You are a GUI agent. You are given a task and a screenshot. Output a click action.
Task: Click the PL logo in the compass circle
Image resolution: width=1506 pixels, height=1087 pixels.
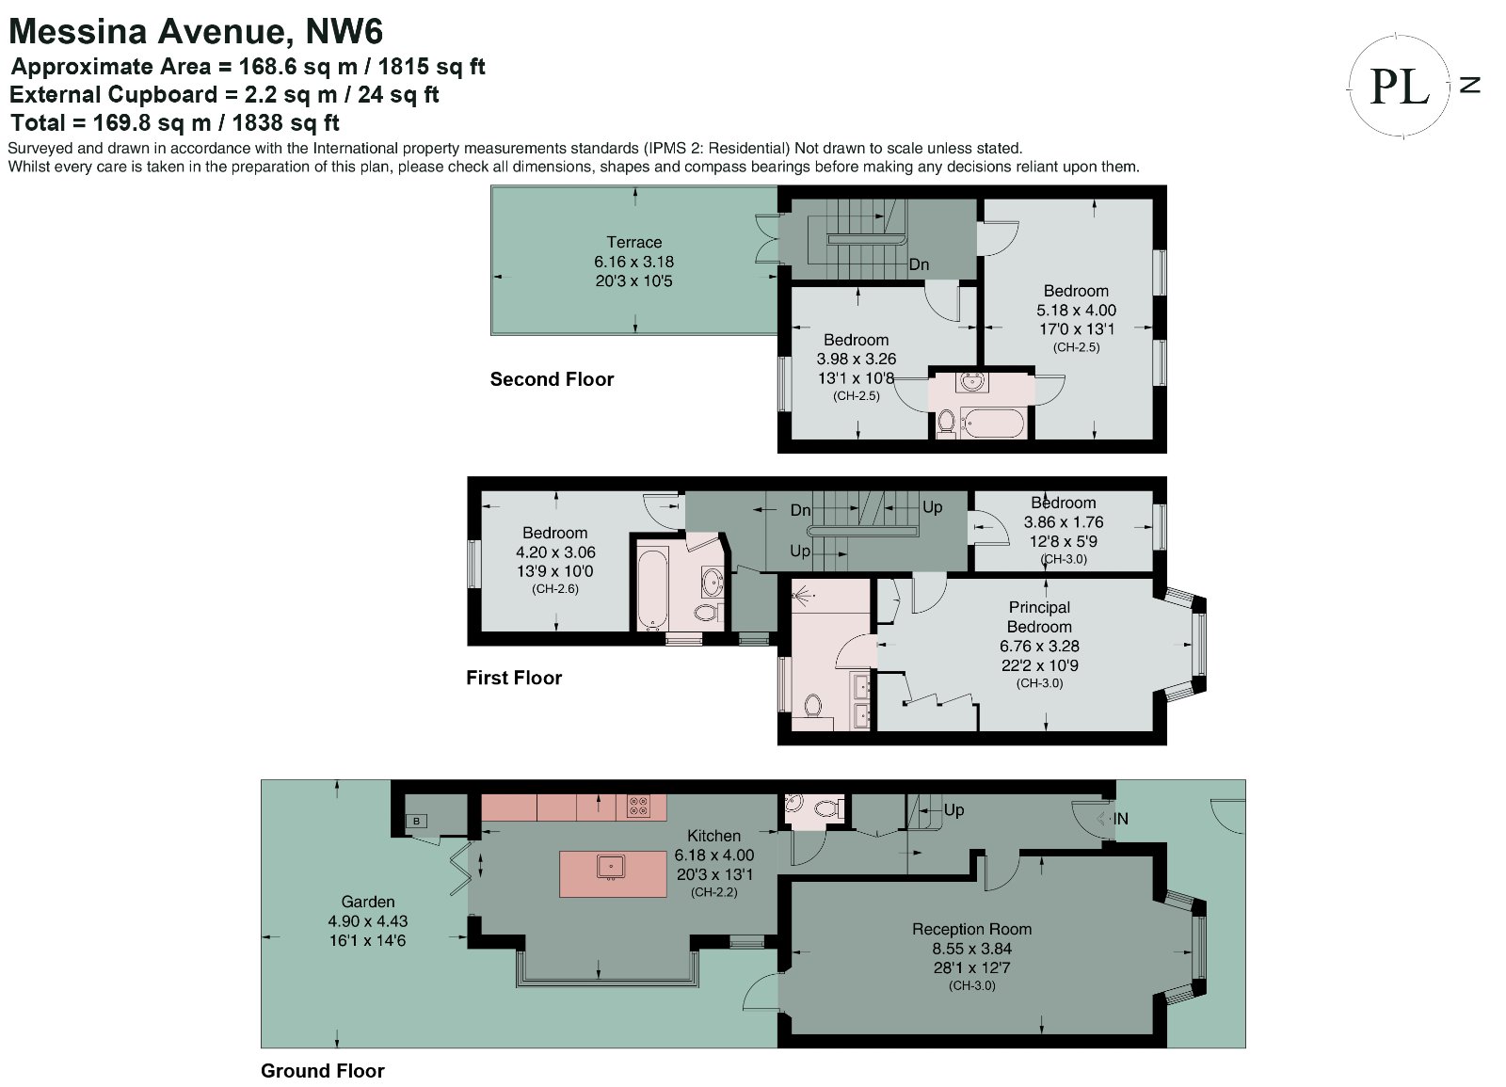pyautogui.click(x=1399, y=87)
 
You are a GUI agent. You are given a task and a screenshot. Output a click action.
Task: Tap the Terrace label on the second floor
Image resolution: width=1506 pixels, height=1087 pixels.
pyautogui.click(x=634, y=242)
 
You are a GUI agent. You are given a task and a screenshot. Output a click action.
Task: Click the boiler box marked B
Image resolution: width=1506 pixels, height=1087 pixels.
pyautogui.click(x=416, y=821)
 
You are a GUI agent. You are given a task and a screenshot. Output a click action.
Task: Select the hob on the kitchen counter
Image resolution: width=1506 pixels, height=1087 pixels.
pyautogui.click(x=638, y=806)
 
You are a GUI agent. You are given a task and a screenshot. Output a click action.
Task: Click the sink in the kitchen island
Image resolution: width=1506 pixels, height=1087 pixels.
pyautogui.click(x=611, y=867)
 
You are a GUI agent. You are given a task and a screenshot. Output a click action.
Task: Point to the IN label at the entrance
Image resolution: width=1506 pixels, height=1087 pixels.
pyautogui.click(x=1120, y=819)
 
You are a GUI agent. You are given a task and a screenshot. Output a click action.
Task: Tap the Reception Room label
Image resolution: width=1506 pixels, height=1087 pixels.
pyautogui.click(x=971, y=929)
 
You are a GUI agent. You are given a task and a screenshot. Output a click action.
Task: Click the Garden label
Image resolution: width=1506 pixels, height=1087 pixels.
pyautogui.click(x=368, y=902)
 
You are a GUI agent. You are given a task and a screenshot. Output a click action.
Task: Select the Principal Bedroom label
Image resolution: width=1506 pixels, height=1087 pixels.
pyautogui.click(x=1039, y=617)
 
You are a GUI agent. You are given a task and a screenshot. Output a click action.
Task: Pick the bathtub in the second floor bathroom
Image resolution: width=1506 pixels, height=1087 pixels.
pyautogui.click(x=992, y=423)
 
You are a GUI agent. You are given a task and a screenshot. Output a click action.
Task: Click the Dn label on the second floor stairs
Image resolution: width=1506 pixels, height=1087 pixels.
pyautogui.click(x=919, y=264)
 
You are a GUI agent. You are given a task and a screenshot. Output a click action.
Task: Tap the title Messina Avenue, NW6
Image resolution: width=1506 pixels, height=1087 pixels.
pyautogui.click(x=196, y=31)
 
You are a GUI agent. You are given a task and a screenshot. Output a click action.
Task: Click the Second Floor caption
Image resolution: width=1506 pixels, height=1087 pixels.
pyautogui.click(x=552, y=379)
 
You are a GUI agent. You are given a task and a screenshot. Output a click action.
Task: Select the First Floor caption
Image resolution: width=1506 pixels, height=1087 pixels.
pyautogui.click(x=514, y=678)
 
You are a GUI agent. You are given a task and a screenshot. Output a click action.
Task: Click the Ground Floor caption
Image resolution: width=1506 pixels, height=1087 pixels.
pyautogui.click(x=323, y=1071)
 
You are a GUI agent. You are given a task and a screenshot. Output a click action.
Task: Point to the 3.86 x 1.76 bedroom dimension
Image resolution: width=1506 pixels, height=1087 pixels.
pyautogui.click(x=1064, y=522)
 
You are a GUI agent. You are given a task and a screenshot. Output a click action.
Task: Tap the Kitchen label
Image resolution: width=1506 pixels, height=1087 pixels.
pyautogui.click(x=714, y=836)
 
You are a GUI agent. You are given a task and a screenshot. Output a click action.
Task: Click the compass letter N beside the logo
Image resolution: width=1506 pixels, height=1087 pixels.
pyautogui.click(x=1469, y=85)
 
